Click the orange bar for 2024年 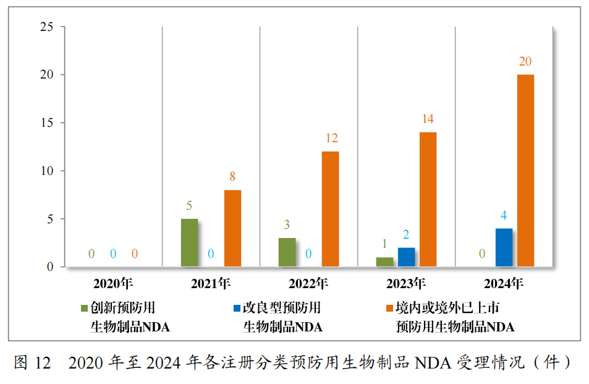525,171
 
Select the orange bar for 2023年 428,199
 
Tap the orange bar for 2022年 330,209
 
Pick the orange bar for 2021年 232,228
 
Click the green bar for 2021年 189,242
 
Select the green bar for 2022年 287,252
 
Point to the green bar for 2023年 384,262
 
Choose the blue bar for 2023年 406,257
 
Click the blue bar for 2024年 504,247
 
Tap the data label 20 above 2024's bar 525,61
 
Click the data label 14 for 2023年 428,119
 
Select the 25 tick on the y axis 46,27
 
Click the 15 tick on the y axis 46,123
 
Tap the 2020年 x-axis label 113,284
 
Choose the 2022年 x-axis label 308,284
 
